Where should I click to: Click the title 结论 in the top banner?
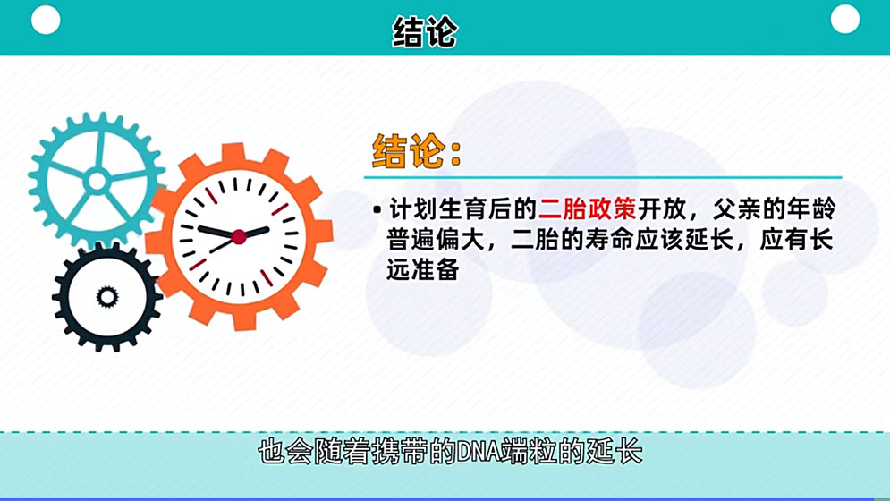pos(425,32)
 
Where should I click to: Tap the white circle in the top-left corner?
pos(46,20)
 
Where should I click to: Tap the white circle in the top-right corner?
pos(844,19)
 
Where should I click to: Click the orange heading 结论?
pos(417,151)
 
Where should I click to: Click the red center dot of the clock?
pos(239,236)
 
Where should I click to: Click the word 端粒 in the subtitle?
pos(528,451)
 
